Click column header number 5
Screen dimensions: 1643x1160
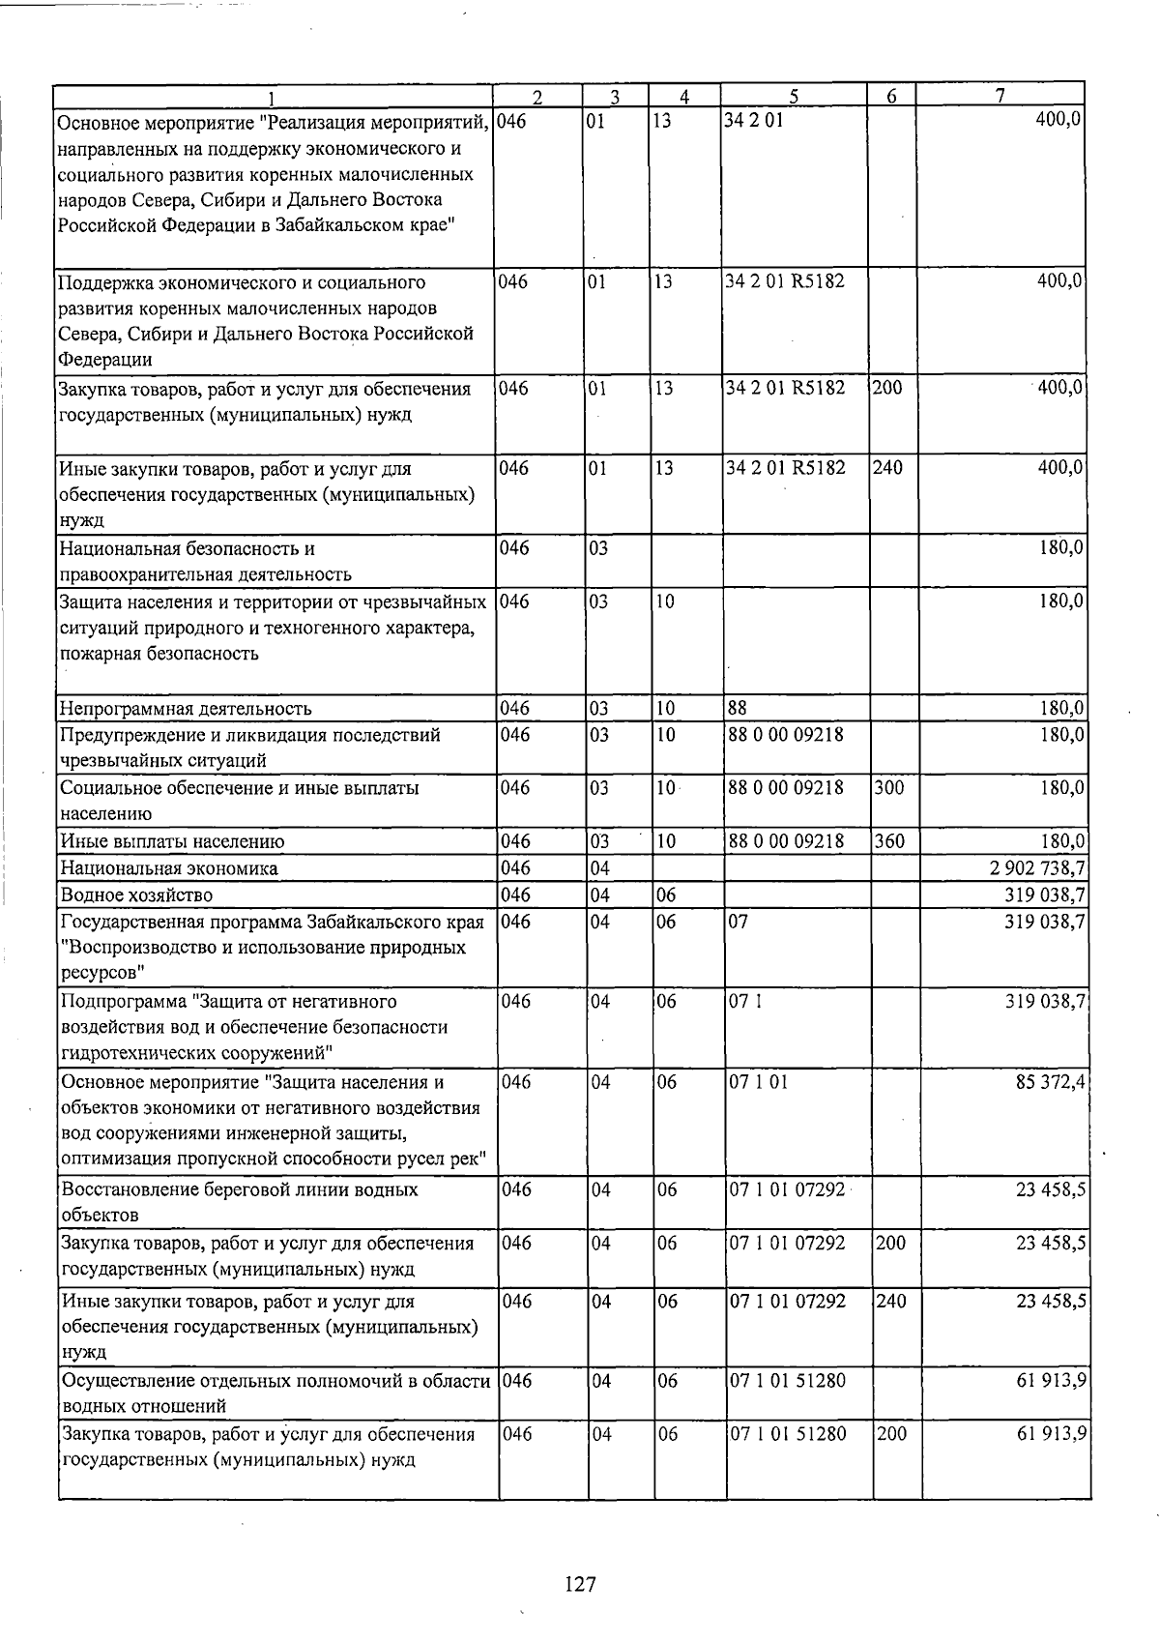coord(794,96)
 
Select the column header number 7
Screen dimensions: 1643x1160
coord(1000,95)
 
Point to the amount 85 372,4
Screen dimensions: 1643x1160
coord(1050,1081)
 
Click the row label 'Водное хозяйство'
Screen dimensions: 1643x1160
coord(136,895)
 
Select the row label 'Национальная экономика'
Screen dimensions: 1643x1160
coord(168,867)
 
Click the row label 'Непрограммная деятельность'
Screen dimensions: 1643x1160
coord(186,708)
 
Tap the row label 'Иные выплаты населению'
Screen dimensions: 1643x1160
coord(172,840)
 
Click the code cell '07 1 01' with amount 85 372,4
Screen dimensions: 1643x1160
coord(759,1081)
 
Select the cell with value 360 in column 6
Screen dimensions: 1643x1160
coord(889,840)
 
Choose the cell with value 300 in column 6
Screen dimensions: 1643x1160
coord(889,787)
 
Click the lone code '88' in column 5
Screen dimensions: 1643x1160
coord(739,708)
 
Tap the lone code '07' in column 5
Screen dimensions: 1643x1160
coord(739,921)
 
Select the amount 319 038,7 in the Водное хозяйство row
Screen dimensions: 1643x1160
coord(1044,895)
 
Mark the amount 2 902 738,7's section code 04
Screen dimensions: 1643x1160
coord(599,867)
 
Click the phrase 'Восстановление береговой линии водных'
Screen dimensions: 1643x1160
coord(239,1188)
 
